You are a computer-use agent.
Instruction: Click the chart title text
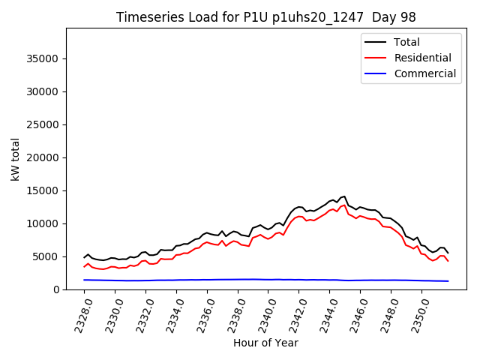[265, 17]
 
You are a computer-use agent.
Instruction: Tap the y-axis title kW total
[15, 158]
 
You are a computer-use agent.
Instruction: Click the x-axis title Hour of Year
[265, 343]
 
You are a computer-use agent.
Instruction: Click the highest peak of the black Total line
[345, 196]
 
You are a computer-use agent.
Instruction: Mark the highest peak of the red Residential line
[345, 205]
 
